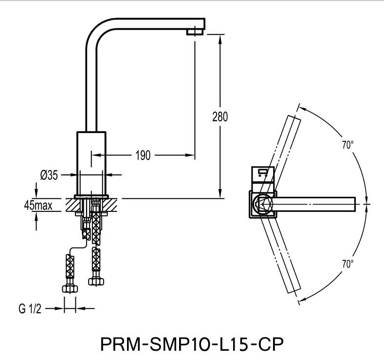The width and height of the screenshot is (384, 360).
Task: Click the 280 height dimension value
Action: [x=220, y=117]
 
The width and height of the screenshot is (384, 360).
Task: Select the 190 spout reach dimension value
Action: [x=143, y=155]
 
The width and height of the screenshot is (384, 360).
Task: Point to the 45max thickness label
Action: [x=38, y=206]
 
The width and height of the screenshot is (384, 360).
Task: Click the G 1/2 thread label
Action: [x=30, y=308]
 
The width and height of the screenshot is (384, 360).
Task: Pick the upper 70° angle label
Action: [x=347, y=145]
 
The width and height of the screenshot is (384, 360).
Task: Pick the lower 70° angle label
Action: [x=347, y=264]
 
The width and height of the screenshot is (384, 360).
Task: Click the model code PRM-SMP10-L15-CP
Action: [x=191, y=344]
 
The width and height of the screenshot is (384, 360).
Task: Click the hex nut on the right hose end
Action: [x=95, y=281]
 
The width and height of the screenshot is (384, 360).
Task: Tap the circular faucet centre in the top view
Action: [x=264, y=204]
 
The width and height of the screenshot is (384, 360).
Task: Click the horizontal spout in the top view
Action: [x=316, y=204]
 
